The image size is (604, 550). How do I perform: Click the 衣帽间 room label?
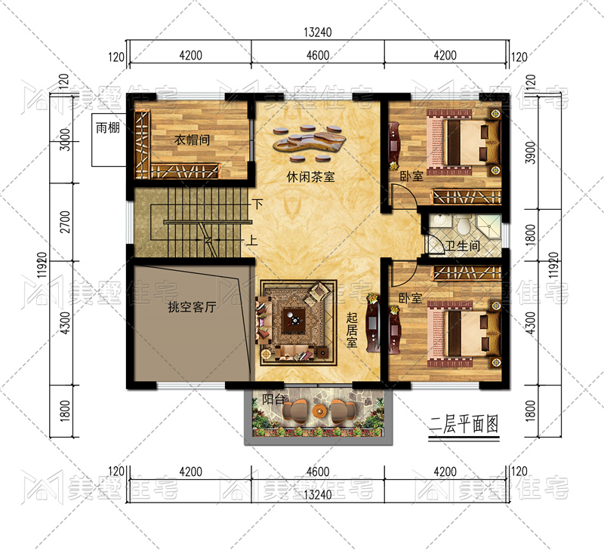(x=192, y=140)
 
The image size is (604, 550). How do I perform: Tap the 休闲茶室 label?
(x=310, y=177)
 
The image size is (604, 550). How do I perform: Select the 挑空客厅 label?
(x=192, y=307)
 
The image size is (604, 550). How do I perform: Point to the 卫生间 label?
(x=463, y=245)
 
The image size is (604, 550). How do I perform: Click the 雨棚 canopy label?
(x=108, y=128)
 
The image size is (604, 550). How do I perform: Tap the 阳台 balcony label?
(x=273, y=399)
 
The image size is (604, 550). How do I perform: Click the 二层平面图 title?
(x=464, y=424)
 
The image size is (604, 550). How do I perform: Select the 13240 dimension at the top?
(x=317, y=32)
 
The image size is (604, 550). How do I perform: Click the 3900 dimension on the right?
(x=531, y=152)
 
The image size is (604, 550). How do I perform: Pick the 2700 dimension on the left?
(x=66, y=222)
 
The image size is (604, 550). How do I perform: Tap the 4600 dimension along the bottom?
(x=318, y=472)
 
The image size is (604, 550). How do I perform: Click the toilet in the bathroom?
(x=462, y=224)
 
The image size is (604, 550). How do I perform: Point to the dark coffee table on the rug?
(x=294, y=320)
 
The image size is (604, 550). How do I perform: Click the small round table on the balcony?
(x=319, y=411)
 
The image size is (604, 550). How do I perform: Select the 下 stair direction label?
(x=257, y=203)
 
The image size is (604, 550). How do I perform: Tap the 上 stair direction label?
(x=251, y=241)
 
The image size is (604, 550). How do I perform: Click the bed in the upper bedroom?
(x=464, y=142)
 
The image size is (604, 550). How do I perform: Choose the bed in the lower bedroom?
(x=464, y=334)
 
